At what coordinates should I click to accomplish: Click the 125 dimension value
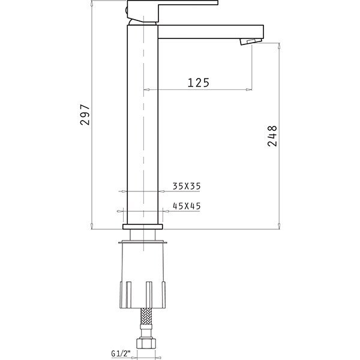point(199,83)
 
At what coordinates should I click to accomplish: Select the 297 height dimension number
point(85,115)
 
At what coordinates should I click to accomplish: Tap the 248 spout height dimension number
point(272,136)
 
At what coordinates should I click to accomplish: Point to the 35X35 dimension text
point(187,186)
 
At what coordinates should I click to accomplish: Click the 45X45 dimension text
point(187,206)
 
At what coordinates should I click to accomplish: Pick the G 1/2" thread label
point(121,353)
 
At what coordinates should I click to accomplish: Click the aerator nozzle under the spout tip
point(251,41)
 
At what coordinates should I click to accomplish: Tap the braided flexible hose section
point(146,316)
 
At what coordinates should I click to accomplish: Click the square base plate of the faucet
point(143,227)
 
